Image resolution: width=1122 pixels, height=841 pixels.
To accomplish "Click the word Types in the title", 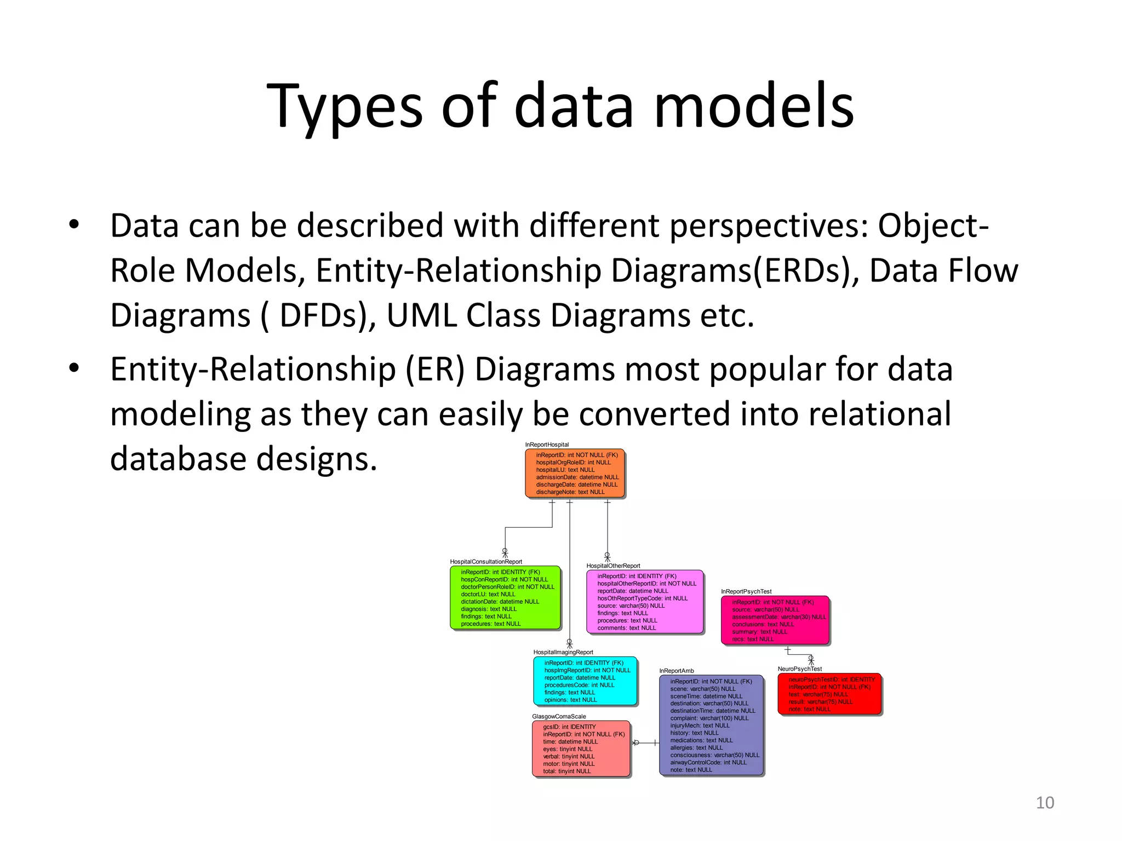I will point(344,106).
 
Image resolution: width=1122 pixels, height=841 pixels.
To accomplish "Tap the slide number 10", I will point(1045,803).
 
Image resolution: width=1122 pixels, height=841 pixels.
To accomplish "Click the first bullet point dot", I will point(74,225).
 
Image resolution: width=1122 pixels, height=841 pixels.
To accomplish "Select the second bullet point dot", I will point(74,368).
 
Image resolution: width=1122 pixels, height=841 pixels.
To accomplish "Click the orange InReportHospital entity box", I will point(575,474).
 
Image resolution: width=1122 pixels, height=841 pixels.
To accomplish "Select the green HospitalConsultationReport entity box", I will point(505,597).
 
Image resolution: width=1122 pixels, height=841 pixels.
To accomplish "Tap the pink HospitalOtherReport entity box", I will point(645,602).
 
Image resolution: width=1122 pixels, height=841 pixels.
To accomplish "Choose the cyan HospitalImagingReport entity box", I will point(585,681).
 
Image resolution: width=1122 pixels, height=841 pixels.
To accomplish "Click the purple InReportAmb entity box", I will point(711,725).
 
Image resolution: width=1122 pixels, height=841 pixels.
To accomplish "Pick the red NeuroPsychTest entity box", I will point(829,694).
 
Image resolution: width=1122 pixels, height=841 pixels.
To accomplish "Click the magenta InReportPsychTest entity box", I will point(775,620).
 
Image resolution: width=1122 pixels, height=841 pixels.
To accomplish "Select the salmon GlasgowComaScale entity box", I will point(581,748).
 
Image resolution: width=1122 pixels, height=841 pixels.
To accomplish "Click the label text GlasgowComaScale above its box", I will point(559,716).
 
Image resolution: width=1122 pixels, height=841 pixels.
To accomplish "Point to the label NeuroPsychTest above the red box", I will point(799,669).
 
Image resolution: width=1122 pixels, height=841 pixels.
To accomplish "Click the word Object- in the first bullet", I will point(933,226).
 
